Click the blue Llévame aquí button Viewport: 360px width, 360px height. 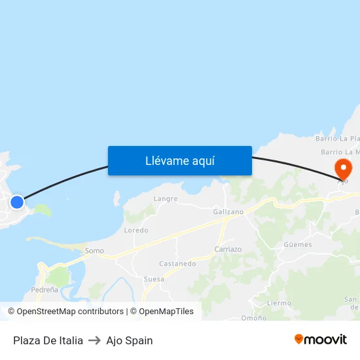tap(180, 160)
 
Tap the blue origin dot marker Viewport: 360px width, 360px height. tap(17, 202)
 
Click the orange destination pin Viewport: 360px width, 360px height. tap(342, 168)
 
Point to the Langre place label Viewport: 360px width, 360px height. tap(166, 198)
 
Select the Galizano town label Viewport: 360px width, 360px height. tap(228, 211)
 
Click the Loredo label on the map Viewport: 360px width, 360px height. tap(136, 230)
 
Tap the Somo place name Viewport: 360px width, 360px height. tap(94, 251)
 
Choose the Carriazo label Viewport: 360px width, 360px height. tap(228, 249)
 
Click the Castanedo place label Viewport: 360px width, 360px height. tap(177, 264)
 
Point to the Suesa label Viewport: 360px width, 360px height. tap(154, 279)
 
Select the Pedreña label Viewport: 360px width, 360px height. tap(45, 289)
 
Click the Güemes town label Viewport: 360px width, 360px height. tap(298, 245)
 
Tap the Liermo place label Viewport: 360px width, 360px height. tap(279, 303)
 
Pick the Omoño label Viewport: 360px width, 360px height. tap(253, 318)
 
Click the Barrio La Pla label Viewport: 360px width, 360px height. tap(337, 139)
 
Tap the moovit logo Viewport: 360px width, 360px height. tap(321, 339)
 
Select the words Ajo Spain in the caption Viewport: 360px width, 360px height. tap(130, 340)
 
